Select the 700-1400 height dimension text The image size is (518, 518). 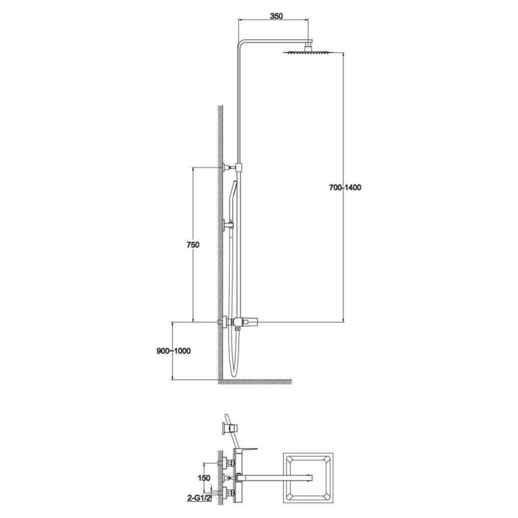click(344, 188)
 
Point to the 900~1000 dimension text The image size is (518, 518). click(173, 351)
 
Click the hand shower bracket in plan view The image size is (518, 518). click(228, 427)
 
